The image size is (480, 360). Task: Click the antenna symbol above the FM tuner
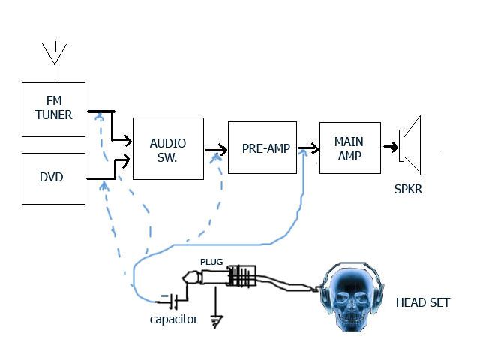[x=55, y=61]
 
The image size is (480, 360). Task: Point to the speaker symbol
[x=410, y=145]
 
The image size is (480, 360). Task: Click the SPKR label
[x=408, y=189]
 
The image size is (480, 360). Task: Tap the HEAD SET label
[x=423, y=302]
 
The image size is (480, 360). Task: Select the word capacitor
[x=173, y=319]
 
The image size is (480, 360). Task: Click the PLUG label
[x=211, y=262]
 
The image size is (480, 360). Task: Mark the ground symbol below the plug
[x=217, y=322]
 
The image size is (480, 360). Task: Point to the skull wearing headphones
[x=352, y=296]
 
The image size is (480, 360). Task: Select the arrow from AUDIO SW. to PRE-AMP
[x=216, y=150]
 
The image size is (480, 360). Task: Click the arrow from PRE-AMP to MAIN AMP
[x=309, y=148]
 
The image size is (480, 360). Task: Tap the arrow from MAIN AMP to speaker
[x=391, y=147]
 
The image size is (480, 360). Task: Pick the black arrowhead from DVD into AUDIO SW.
[x=126, y=161]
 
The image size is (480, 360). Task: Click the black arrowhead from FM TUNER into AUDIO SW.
[x=128, y=141]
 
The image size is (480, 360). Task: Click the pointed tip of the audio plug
[x=182, y=278]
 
